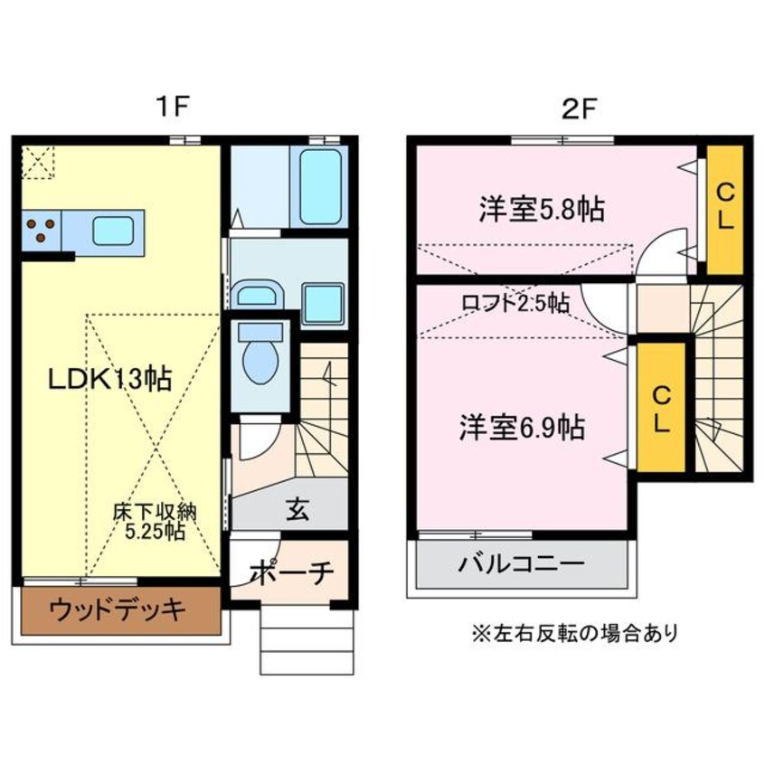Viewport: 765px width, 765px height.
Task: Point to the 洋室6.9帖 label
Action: click(x=519, y=426)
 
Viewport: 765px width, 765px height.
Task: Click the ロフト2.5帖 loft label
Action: click(x=515, y=304)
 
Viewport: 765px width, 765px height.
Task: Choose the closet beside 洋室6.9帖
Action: click(x=661, y=407)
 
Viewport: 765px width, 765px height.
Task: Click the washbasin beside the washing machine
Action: click(x=259, y=295)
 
